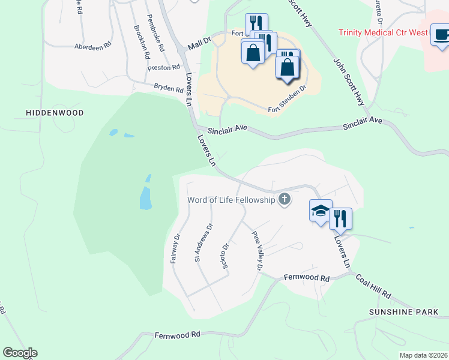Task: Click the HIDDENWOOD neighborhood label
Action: pyautogui.click(x=54, y=113)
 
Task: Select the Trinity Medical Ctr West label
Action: pyautogui.click(x=383, y=33)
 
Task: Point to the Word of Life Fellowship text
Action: pyautogui.click(x=231, y=200)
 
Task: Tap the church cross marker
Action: pyautogui.click(x=284, y=200)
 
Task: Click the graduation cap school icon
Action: pyautogui.click(x=321, y=211)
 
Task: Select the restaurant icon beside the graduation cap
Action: pyautogui.click(x=340, y=218)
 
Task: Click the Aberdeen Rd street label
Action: pyautogui.click(x=93, y=46)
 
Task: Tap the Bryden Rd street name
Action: pyautogui.click(x=168, y=88)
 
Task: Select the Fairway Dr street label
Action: pyautogui.click(x=176, y=248)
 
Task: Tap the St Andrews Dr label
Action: pyautogui.click(x=202, y=243)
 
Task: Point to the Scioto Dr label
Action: pyautogui.click(x=226, y=256)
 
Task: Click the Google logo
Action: pyautogui.click(x=20, y=353)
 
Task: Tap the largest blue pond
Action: pyautogui.click(x=145, y=197)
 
